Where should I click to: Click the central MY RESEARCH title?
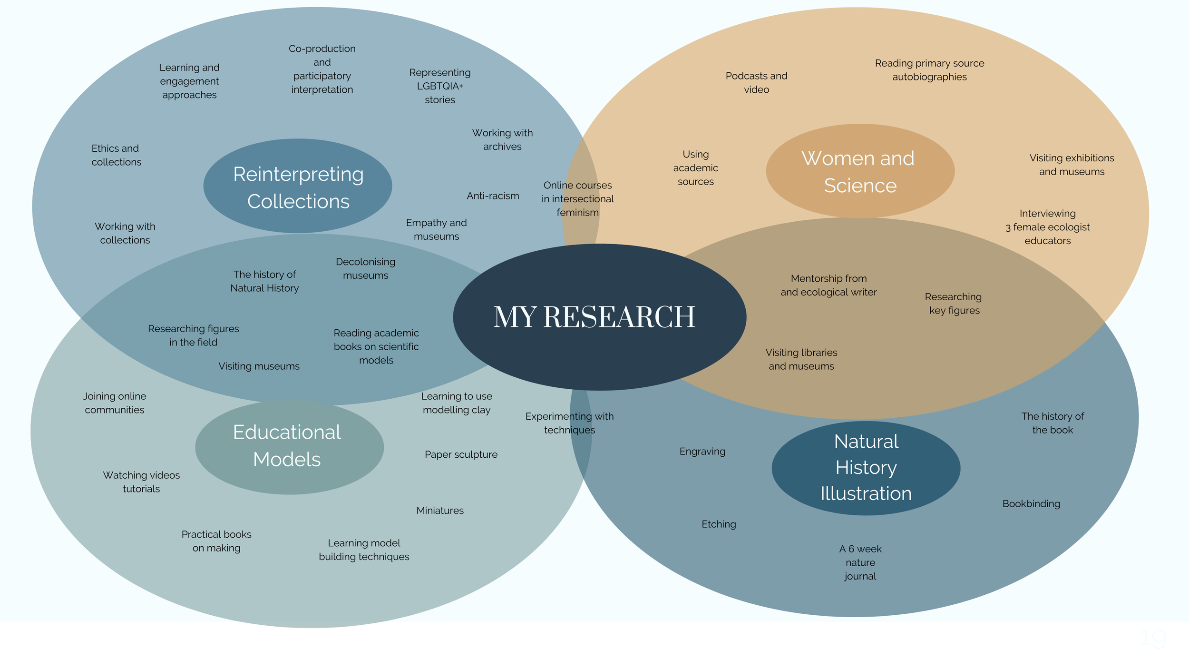594,317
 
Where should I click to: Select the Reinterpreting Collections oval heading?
298,187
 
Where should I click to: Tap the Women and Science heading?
859,172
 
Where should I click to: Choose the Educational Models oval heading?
287,446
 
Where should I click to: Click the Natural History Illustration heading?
866,467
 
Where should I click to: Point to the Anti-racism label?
493,196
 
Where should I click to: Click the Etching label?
719,524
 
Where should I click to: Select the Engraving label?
702,452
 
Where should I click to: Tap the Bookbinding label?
1031,504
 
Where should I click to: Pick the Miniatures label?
440,511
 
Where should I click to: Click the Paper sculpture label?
461,454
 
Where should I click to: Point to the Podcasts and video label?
756,83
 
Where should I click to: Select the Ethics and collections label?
116,155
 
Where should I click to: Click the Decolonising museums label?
365,268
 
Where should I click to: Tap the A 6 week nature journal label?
860,562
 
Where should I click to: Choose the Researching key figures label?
954,304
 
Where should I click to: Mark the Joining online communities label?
115,403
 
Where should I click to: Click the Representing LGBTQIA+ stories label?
440,86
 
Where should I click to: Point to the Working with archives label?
502,140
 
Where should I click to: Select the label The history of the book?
1053,423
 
